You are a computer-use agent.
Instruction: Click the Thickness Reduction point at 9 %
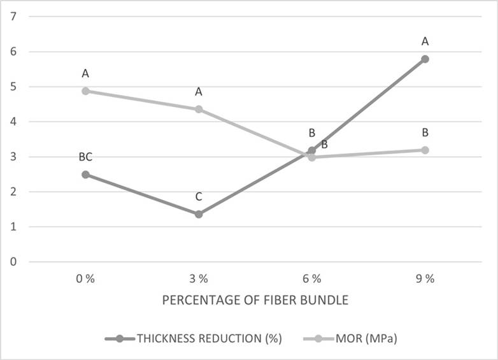tap(425, 59)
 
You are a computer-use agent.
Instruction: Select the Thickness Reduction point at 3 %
tap(199, 214)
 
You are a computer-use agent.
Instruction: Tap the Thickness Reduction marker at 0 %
tap(85, 175)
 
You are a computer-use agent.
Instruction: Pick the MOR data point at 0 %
tap(85, 90)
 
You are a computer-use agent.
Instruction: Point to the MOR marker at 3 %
tap(199, 109)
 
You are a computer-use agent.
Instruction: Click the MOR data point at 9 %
tap(425, 150)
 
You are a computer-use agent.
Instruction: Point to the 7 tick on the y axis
tap(13, 17)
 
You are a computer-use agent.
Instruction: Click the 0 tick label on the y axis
tap(13, 262)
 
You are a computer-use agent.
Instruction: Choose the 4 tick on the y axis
tap(13, 122)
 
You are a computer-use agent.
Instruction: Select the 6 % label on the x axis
tap(311, 278)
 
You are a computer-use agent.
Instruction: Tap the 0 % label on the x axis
tap(85, 278)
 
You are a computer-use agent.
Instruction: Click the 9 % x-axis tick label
tap(425, 278)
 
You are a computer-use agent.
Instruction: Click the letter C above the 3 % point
tap(199, 197)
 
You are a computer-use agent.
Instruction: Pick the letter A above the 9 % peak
tap(425, 42)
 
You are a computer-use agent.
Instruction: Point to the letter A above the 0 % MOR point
tap(85, 74)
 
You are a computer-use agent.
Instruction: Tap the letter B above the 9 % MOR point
tap(425, 133)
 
